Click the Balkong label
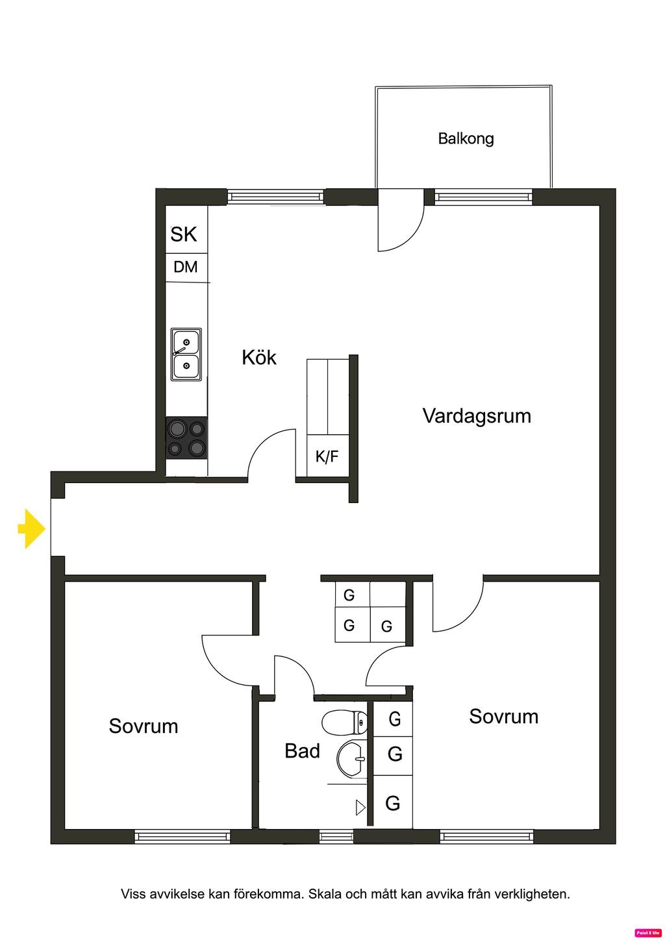[x=466, y=138]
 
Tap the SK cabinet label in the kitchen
[x=184, y=234]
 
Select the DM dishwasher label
[x=186, y=267]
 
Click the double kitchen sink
[x=186, y=354]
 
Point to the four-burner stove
[x=186, y=438]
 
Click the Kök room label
[x=259, y=357]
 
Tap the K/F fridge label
[x=327, y=456]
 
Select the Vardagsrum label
[x=477, y=415]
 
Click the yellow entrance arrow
[x=31, y=528]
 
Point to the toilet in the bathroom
[x=345, y=721]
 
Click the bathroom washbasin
[x=353, y=758]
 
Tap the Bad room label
[x=302, y=751]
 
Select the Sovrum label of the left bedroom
[x=144, y=726]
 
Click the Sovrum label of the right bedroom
[x=503, y=717]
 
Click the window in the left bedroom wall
[x=182, y=837]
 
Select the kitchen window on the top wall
[x=275, y=195]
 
